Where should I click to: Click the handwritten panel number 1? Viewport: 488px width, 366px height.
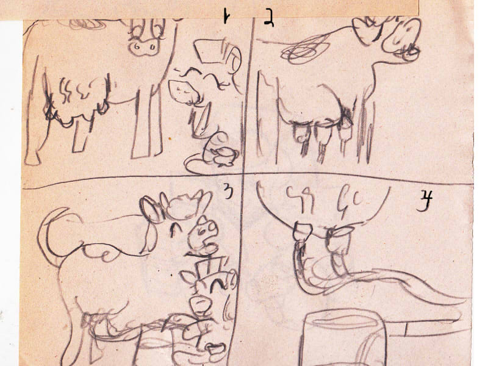(225, 16)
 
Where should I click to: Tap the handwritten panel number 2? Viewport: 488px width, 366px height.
(268, 19)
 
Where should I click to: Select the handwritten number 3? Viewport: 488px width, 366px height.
(228, 191)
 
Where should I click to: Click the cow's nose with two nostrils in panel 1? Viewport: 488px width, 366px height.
(144, 48)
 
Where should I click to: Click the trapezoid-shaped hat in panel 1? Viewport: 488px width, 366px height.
(209, 51)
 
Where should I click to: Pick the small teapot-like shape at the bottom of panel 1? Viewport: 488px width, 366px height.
(223, 156)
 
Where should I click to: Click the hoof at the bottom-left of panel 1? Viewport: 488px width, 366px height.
(32, 159)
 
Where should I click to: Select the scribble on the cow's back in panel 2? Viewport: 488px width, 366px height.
(303, 50)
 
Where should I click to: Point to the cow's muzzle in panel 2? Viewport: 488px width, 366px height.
(402, 37)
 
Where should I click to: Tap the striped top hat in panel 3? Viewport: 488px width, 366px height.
(207, 267)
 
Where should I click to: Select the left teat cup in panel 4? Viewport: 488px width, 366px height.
(303, 232)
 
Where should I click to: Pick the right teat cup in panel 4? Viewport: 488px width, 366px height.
(340, 240)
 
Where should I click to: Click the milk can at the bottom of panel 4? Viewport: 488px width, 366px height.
(342, 339)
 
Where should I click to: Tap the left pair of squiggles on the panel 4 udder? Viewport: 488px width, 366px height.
(300, 199)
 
